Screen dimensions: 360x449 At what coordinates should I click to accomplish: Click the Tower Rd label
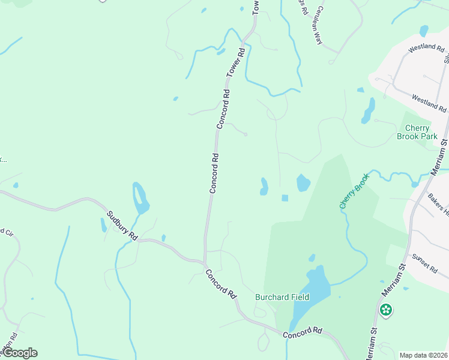point(236,62)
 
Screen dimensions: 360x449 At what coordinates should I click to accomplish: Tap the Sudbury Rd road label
point(122,226)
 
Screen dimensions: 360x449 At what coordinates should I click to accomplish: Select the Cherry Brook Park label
point(417,132)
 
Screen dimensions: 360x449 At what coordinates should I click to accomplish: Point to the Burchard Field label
point(282,297)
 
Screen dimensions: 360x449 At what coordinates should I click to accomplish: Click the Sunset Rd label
point(425,265)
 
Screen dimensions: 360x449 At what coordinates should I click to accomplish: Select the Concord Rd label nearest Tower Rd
point(223,109)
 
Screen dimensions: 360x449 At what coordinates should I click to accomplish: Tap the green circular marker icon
point(386,310)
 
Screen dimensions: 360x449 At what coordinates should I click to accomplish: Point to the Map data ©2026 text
point(423,355)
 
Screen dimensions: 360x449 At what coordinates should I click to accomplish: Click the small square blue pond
point(285,198)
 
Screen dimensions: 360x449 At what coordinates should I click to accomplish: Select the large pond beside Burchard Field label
point(311,295)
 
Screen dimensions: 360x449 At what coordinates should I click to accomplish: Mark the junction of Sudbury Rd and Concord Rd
point(205,262)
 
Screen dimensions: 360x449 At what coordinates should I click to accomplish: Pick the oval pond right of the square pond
point(303,182)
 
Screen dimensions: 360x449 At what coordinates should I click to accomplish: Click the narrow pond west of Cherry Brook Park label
point(368,111)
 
